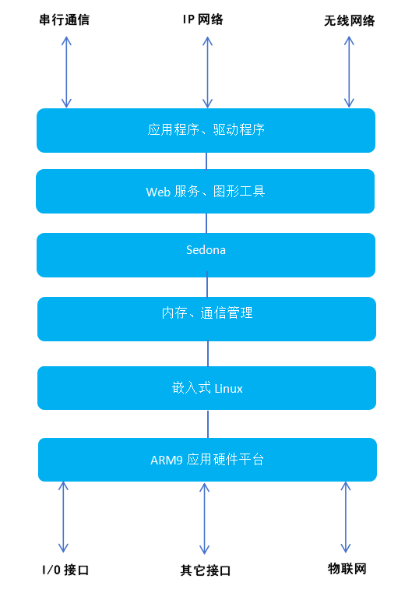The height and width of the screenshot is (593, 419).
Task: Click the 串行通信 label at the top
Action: [x=64, y=19]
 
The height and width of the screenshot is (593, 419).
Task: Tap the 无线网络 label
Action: [x=349, y=21]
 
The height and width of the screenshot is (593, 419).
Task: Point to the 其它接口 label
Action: [x=205, y=570]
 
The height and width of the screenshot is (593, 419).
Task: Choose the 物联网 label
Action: [x=347, y=568]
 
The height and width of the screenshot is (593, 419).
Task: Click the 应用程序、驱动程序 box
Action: [x=206, y=130]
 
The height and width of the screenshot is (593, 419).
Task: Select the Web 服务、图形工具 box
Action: [x=206, y=191]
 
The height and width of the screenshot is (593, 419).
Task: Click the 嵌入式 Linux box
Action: [x=206, y=387]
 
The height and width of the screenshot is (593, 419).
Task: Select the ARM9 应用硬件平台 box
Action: [x=207, y=460]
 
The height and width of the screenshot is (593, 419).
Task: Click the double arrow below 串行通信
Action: [x=66, y=71]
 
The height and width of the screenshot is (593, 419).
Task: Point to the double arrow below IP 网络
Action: [x=207, y=71]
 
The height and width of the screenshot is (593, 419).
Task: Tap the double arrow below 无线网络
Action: [x=349, y=71]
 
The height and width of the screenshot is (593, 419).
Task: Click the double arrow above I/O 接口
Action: [x=63, y=517]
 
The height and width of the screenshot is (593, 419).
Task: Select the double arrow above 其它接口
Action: [x=205, y=518]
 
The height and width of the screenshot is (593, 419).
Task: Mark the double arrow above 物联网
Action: [x=343, y=517]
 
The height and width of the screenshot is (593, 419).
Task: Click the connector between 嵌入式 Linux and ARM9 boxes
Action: [x=208, y=424]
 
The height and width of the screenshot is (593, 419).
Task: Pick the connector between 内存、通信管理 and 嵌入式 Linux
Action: [x=208, y=354]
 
